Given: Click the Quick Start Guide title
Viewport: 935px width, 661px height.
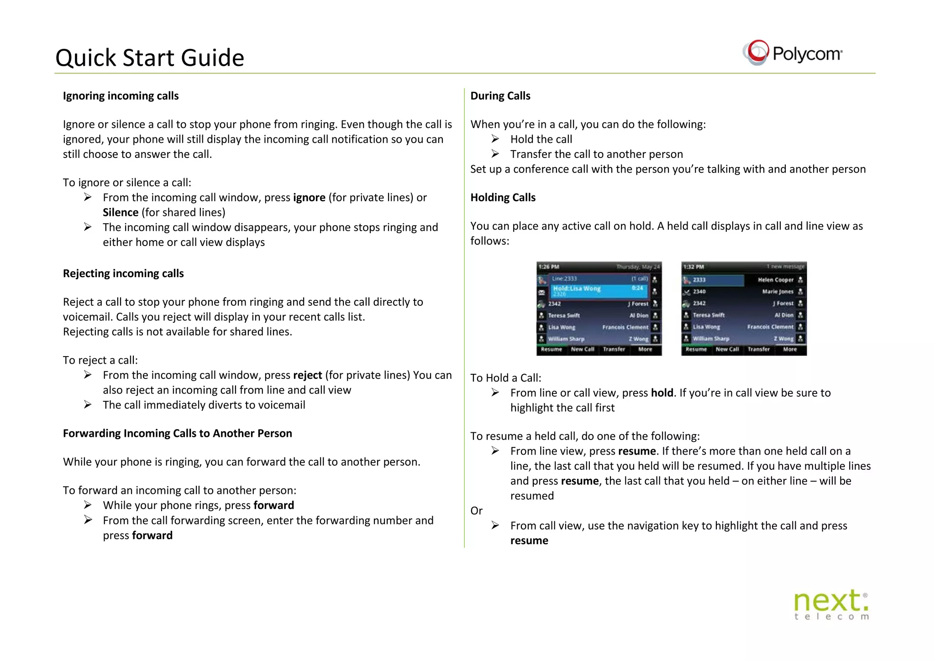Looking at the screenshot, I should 149,58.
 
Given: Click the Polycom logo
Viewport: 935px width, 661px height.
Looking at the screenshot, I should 793,53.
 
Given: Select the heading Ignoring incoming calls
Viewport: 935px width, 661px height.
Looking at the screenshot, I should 121,96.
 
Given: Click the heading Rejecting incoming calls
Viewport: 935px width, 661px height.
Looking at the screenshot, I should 123,273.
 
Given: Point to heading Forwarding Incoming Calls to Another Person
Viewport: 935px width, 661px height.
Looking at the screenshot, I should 177,433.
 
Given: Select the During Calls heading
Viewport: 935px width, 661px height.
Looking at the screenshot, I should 500,96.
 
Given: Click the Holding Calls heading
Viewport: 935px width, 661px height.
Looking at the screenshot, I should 503,198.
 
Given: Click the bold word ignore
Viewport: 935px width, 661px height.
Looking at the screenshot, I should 309,198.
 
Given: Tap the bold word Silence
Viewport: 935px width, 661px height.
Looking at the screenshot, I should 121,213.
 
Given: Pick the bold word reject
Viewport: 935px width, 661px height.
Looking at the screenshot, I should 307,375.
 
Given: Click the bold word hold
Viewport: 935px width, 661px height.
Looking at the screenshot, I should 662,393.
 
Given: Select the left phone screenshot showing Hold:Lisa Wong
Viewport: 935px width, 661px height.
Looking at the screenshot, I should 599,309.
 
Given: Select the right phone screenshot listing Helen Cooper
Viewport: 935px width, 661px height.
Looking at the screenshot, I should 744,309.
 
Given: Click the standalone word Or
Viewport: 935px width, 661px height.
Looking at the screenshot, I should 476,511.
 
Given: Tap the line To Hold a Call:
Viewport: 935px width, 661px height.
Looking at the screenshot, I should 505,378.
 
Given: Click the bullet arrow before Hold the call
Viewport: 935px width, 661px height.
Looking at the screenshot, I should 495,139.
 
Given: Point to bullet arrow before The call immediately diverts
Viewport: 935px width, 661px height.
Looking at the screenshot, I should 88,405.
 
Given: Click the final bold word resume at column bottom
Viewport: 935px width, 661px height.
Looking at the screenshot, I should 529,541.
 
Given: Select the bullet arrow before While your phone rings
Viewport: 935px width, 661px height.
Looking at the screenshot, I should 88,505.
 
